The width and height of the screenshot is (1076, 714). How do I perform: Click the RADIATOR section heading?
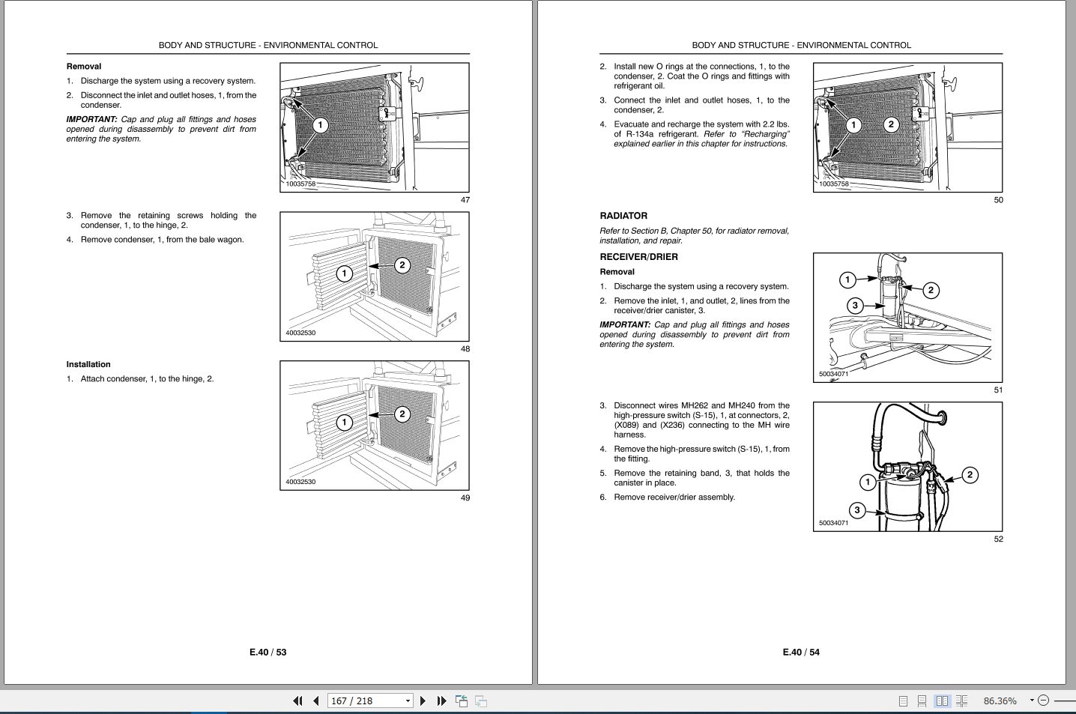coord(623,216)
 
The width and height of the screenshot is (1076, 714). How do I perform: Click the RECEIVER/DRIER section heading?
coord(638,257)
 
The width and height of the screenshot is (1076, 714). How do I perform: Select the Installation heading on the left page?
coord(88,365)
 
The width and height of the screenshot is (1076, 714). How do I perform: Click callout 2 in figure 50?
coord(890,124)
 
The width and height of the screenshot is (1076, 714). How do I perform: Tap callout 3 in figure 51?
coord(854,305)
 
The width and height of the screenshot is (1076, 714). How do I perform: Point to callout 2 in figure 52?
coord(970,474)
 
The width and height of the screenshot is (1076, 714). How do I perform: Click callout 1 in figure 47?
coord(320,124)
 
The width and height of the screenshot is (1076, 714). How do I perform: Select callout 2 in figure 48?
coord(402,264)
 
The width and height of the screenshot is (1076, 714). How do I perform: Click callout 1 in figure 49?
coord(344,423)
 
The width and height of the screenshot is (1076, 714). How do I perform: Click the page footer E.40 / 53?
coord(268,653)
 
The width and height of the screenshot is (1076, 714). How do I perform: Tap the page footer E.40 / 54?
coord(800,653)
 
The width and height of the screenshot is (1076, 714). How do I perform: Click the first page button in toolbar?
coord(297,701)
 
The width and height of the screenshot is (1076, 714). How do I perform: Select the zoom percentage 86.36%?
coord(1000,701)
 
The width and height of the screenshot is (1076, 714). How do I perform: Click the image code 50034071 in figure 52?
coord(833,523)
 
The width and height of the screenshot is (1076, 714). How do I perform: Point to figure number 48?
coord(465,349)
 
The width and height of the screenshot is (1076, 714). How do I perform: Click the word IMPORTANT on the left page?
coord(91,120)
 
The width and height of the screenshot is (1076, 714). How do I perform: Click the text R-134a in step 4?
coord(637,135)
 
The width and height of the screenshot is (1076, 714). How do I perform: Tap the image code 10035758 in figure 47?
coord(300,184)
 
